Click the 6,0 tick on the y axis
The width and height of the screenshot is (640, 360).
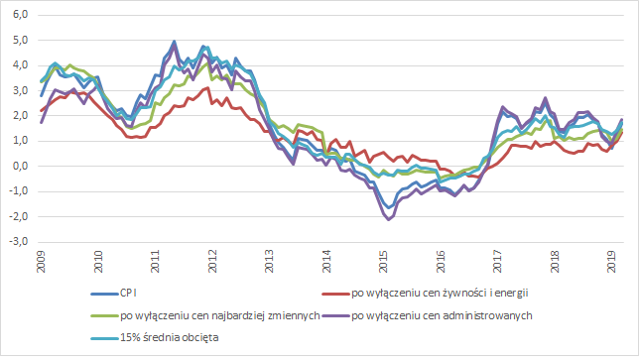pos(20,15)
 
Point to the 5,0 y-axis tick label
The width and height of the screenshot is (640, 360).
pos(20,40)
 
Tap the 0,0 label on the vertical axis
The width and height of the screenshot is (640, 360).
pos(20,166)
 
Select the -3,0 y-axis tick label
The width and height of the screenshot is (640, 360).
pos(19,242)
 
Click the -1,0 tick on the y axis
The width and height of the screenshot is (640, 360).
pos(19,191)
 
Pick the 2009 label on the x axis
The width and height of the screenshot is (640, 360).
pos(41,262)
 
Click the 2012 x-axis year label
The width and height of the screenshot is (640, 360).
pos(212,262)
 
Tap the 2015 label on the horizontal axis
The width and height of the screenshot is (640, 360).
pos(383,262)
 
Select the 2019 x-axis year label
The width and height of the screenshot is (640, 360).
pos(611,262)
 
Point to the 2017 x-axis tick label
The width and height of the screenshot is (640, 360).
pos(497,262)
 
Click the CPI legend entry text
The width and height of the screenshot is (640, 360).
pos(128,293)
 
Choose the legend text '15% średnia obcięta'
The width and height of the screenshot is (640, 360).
pos(169,338)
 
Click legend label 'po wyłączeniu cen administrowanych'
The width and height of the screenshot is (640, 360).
pos(442,316)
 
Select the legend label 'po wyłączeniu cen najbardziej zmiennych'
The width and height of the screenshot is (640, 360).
pos(220,316)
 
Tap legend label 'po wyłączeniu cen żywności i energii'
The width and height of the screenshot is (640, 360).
pos(440,293)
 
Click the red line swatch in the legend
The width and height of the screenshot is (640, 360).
pos(336,293)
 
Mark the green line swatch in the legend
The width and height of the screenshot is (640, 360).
pos(104,316)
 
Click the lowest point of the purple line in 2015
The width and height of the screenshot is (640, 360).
pos(388,220)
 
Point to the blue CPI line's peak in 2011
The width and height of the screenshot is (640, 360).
pos(174,41)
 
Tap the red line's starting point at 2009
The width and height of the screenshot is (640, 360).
pos(41,111)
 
